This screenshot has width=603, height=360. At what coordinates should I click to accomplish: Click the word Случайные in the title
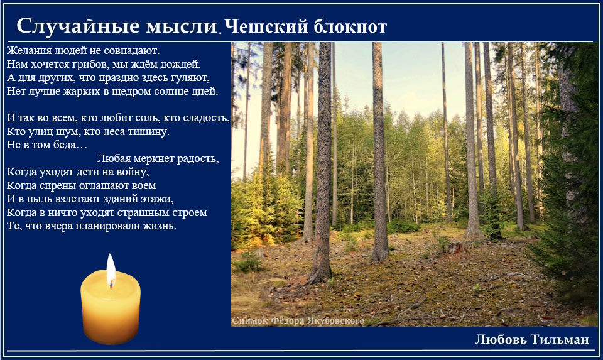click(x=78, y=27)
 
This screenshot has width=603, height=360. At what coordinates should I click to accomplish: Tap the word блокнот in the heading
click(x=350, y=27)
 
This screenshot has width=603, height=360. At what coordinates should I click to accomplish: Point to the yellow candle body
click(x=111, y=307)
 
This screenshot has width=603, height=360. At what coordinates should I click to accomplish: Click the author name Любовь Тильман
click(x=532, y=339)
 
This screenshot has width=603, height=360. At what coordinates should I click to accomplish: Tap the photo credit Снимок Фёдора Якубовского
click(x=298, y=320)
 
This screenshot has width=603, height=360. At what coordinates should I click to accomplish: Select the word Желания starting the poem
click(x=30, y=50)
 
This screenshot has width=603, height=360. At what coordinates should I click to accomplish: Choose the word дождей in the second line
click(x=180, y=64)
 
